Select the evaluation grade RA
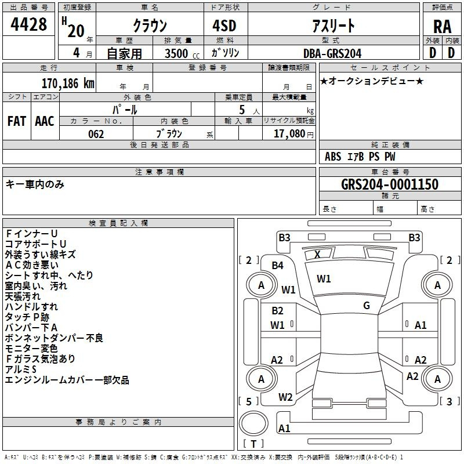point(442,27)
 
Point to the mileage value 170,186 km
point(68,83)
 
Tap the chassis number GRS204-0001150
point(390,184)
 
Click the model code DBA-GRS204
point(332,53)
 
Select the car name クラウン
point(150,26)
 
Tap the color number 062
point(96,134)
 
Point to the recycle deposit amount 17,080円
point(293,134)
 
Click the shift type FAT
point(17,121)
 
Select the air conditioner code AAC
point(45,121)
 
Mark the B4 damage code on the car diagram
point(278,265)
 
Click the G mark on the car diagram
point(367,305)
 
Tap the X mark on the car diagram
point(317,254)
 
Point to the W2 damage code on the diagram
point(285,397)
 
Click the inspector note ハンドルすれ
point(31,307)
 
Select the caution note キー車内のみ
point(35,184)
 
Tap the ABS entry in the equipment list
point(333,156)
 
